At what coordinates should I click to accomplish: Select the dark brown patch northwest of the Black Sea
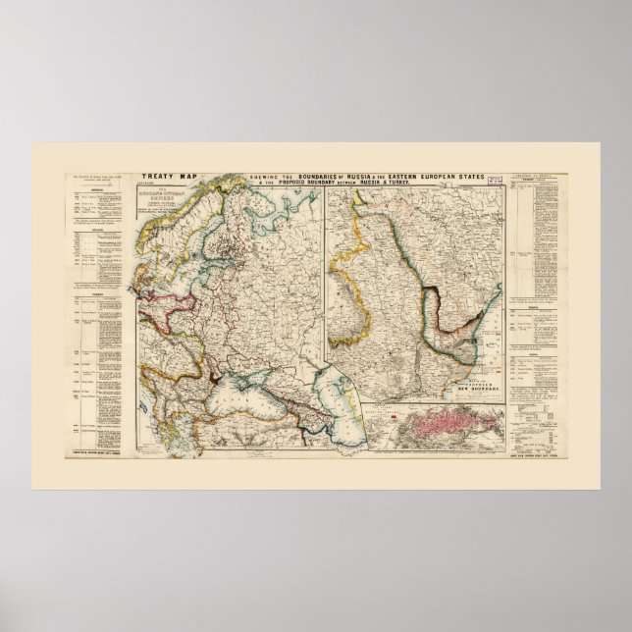pos(213,374)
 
